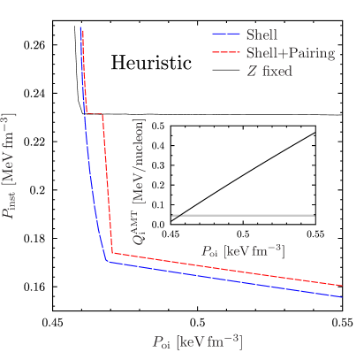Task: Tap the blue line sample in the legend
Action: coord(226,35)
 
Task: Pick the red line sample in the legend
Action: coord(226,53)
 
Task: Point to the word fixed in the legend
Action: coord(277,71)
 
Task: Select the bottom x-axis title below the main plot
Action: coord(197,341)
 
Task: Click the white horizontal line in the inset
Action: coord(247,215)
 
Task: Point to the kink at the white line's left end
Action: coord(177,216)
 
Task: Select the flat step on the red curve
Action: coord(95,114)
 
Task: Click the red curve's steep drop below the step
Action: coord(108,186)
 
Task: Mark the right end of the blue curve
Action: coord(342,298)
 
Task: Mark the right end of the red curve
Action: coord(342,286)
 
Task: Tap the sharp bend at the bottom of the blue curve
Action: coord(106,261)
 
